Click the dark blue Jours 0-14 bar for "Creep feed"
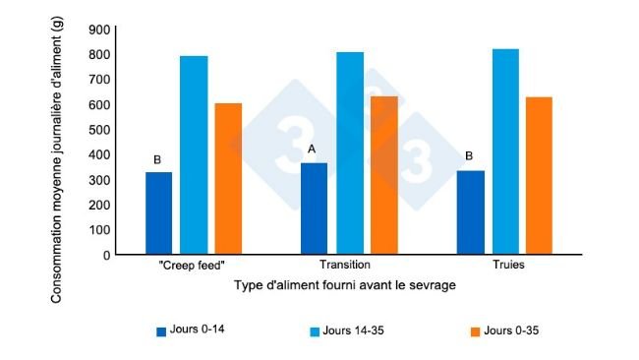tap(158, 213)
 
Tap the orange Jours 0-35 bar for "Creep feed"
tap(228, 179)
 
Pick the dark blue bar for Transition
tap(314, 209)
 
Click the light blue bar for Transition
tap(349, 153)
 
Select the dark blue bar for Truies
tap(471, 212)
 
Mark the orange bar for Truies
tap(540, 176)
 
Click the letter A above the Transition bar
tap(312, 150)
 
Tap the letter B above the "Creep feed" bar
tap(157, 159)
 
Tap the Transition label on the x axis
tap(344, 267)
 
